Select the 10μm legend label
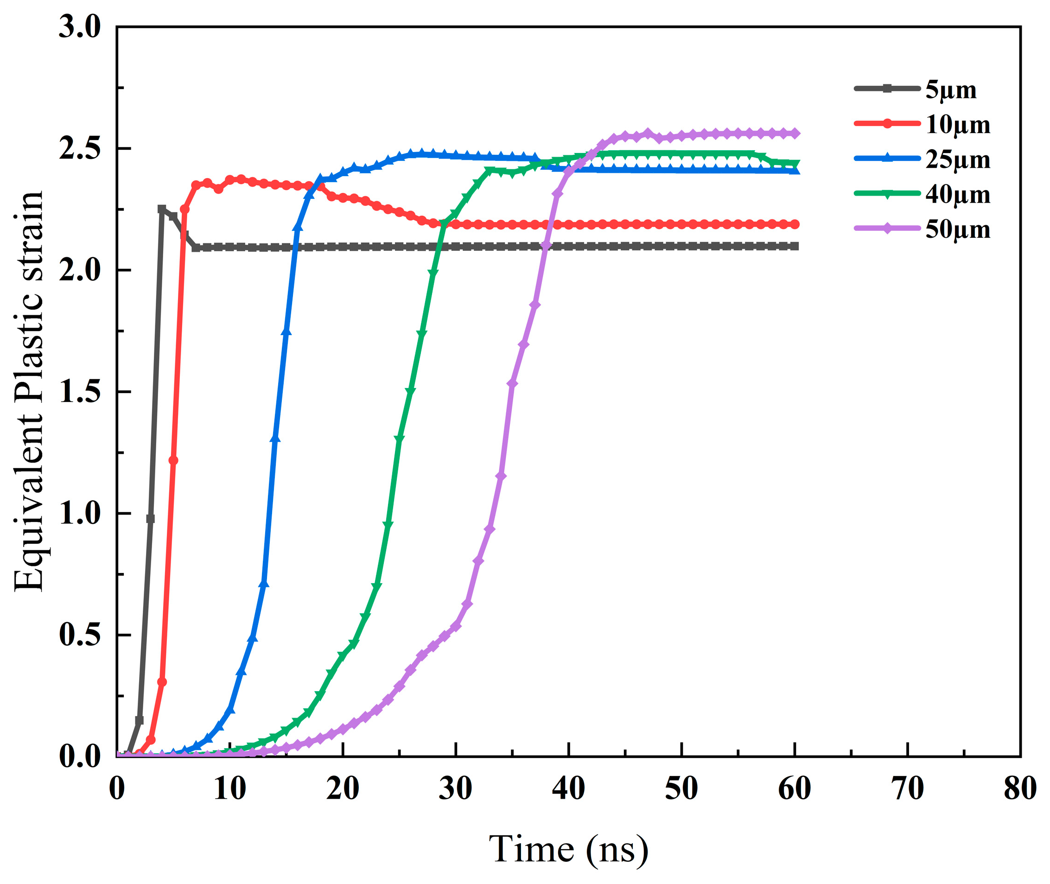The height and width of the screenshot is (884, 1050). (957, 125)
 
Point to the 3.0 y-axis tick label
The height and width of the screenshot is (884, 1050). (80, 26)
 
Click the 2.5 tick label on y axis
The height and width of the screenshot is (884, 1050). (80, 148)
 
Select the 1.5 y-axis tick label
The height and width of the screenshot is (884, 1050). (80, 392)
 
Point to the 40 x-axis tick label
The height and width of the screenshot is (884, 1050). (568, 789)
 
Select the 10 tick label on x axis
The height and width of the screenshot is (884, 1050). (229, 789)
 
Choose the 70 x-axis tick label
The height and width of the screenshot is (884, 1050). (907, 789)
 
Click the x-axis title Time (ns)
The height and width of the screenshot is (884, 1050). (568, 850)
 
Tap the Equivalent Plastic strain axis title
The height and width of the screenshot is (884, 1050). (29, 391)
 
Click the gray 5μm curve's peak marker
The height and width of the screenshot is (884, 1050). (161, 209)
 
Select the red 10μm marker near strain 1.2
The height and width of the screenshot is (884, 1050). (173, 460)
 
